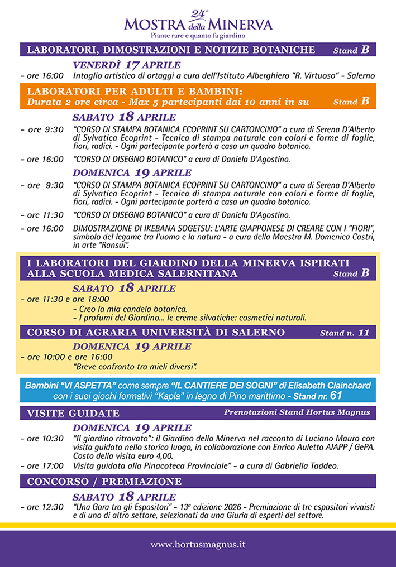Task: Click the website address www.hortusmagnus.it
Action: (198, 544)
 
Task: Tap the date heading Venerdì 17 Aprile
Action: (127, 64)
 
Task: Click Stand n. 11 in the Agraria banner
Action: (344, 333)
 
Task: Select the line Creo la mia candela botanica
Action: (130, 309)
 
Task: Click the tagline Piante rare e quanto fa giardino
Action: (198, 35)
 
